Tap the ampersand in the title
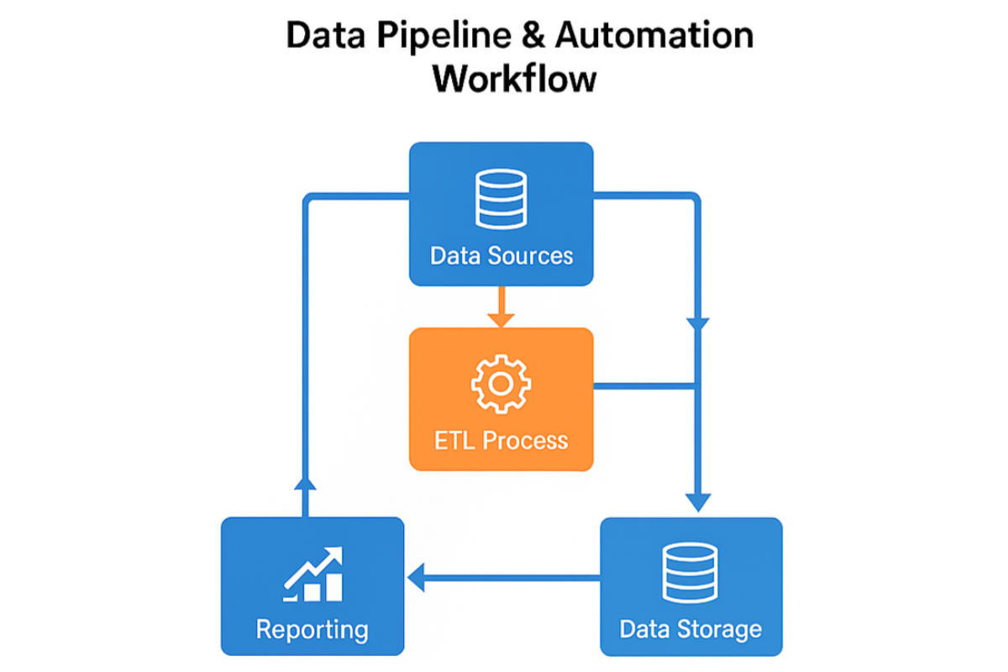pyautogui.click(x=533, y=38)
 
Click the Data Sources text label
pyautogui.click(x=501, y=255)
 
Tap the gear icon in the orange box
pyautogui.click(x=501, y=384)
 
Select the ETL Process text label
pyautogui.click(x=501, y=440)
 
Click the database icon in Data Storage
pyautogui.click(x=690, y=572)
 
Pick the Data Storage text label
pyautogui.click(x=690, y=628)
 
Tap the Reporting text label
pyautogui.click(x=312, y=629)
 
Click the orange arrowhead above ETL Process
pyautogui.click(x=501, y=319)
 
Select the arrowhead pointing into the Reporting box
pyautogui.click(x=417, y=577)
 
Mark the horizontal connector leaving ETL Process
pyautogui.click(x=643, y=386)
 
